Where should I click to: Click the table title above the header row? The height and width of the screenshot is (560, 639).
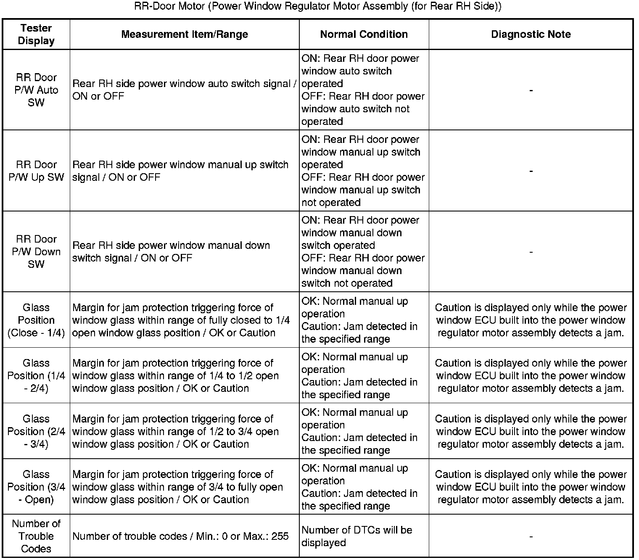pyautogui.click(x=318, y=6)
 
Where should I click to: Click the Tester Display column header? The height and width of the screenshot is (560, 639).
pyautogui.click(x=36, y=34)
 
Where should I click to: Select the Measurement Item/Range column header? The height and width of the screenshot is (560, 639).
pyautogui.click(x=185, y=34)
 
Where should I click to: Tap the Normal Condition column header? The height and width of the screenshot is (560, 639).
pyautogui.click(x=364, y=34)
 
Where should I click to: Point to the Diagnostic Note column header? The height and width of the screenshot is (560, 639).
pyautogui.click(x=531, y=34)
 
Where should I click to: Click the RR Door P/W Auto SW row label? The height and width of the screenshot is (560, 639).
pyautogui.click(x=36, y=90)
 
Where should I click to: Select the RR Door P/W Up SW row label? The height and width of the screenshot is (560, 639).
pyautogui.click(x=36, y=171)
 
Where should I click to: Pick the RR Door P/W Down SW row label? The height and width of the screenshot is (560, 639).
pyautogui.click(x=36, y=251)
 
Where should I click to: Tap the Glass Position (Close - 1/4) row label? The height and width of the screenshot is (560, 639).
pyautogui.click(x=36, y=320)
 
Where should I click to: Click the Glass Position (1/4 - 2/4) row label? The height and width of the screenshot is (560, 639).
pyautogui.click(x=36, y=375)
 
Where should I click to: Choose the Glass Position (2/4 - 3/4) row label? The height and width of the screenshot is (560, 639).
pyautogui.click(x=36, y=431)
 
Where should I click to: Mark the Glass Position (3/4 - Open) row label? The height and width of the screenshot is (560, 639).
pyautogui.click(x=36, y=487)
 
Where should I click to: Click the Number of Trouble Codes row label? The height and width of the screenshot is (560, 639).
pyautogui.click(x=36, y=536)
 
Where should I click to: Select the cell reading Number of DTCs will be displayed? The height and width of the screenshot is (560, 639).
pyautogui.click(x=356, y=536)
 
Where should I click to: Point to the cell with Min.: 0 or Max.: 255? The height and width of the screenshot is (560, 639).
pyautogui.click(x=181, y=536)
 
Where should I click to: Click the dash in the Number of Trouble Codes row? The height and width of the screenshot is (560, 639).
pyautogui.click(x=531, y=536)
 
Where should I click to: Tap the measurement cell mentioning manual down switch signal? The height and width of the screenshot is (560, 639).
pyautogui.click(x=171, y=251)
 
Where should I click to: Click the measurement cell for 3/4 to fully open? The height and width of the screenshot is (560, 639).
pyautogui.click(x=177, y=487)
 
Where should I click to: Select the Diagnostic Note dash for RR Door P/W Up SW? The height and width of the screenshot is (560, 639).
pyautogui.click(x=531, y=171)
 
